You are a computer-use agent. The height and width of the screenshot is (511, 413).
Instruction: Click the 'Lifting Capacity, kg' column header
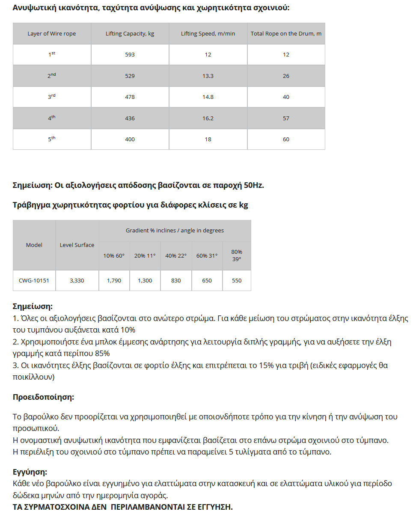click(130, 34)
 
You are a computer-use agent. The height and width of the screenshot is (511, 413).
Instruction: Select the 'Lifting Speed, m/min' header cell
click(208, 34)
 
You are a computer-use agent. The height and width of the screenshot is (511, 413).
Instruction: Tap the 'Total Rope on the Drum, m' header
click(286, 34)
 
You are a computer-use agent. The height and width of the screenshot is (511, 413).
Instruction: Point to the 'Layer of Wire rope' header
click(52, 34)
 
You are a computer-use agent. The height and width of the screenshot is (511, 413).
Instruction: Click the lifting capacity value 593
click(130, 55)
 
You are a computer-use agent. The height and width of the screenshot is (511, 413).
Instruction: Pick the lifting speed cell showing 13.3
click(208, 76)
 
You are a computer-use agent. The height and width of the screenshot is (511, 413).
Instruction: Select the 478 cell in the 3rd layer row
click(130, 97)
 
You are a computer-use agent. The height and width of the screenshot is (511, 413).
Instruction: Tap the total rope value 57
click(286, 118)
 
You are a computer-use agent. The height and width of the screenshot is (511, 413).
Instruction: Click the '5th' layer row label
click(52, 139)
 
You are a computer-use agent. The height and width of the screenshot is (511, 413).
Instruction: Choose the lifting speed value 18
click(208, 139)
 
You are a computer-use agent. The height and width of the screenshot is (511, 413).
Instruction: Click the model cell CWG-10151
click(34, 281)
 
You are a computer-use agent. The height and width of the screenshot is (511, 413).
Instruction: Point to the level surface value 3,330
click(77, 281)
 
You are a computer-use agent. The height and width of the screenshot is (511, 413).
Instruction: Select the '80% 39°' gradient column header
click(237, 255)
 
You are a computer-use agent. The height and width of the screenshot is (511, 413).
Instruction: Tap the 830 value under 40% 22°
click(176, 281)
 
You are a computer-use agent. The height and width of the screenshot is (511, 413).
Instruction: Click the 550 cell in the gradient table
click(237, 281)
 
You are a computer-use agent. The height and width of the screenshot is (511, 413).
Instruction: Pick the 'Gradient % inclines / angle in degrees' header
click(175, 231)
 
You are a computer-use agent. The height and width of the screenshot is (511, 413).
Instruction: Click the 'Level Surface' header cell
click(77, 245)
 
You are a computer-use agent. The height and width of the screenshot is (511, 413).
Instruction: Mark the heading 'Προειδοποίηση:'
click(43, 397)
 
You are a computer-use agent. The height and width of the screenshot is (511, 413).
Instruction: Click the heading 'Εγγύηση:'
click(30, 472)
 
